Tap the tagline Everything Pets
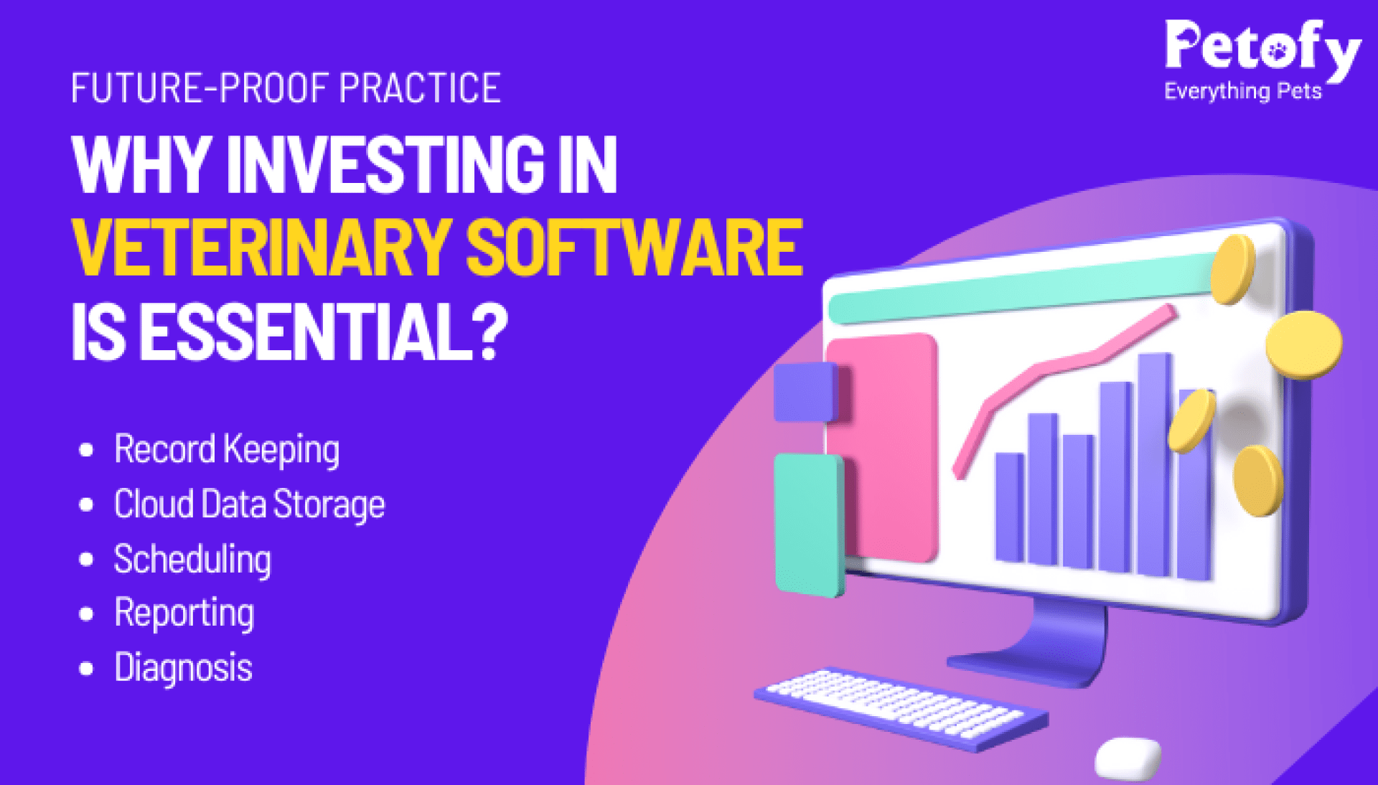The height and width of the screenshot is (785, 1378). [1242, 92]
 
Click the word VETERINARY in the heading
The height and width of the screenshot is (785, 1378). [262, 248]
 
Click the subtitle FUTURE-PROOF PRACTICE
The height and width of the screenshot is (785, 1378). [286, 88]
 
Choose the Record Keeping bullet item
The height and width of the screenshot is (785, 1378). [227, 450]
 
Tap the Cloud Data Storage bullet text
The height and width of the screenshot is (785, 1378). [249, 504]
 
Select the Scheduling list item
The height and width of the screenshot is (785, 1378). [192, 560]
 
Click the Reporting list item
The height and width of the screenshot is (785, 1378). [184, 614]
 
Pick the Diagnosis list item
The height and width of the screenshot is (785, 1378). [183, 668]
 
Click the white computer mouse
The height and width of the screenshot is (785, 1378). [1128, 758]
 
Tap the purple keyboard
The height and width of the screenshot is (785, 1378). [900, 707]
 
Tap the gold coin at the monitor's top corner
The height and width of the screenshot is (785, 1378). [1232, 268]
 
